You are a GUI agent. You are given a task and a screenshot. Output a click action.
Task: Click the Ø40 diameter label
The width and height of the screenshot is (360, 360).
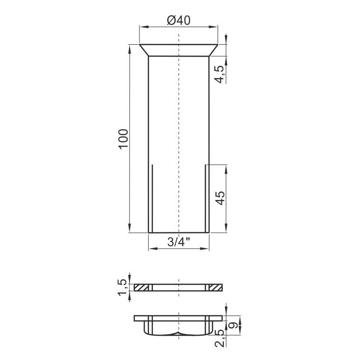point(179,20)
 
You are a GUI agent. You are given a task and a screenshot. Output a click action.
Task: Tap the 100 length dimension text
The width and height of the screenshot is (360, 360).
point(123,139)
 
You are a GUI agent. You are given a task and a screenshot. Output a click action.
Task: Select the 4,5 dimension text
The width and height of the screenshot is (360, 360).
point(219,74)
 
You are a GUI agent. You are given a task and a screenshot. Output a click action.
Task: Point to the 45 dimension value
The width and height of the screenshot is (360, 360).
point(220,198)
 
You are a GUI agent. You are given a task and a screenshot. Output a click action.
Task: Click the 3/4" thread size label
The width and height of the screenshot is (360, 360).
point(179,241)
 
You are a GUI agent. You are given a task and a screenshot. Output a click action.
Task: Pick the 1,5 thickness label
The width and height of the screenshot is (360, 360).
point(122,287)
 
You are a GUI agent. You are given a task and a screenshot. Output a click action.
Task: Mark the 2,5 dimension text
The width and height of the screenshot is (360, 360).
point(219,338)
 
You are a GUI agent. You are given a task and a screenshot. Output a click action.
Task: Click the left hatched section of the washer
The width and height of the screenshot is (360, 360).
point(141,288)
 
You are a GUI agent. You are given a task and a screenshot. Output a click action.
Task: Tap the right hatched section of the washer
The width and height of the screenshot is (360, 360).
point(216,288)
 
